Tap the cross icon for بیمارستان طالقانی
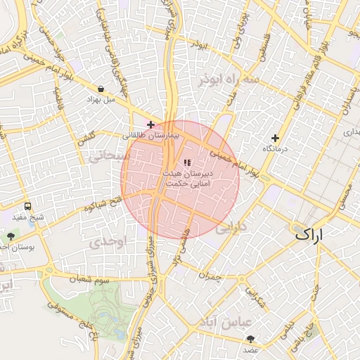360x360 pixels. tap(150, 124)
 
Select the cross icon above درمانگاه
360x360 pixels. tap(275, 138)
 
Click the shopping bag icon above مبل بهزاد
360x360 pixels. tap(103, 89)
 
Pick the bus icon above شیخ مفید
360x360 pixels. tap(27, 207)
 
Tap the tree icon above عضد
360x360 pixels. tap(250, 339)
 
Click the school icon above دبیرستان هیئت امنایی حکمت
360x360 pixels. tap(186, 163)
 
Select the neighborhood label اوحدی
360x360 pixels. tap(107, 241)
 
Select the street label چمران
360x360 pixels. tap(210, 277)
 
